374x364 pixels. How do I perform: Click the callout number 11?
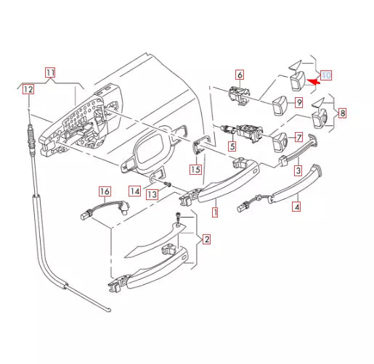pyautogui.click(x=49, y=73)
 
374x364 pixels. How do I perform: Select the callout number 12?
pyautogui.click(x=28, y=90)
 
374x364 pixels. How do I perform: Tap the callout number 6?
pyautogui.click(x=239, y=75)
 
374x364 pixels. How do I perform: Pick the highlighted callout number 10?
pyautogui.click(x=326, y=75)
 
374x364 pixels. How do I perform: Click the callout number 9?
pyautogui.click(x=298, y=103)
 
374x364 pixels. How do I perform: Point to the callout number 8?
pyautogui.click(x=343, y=113)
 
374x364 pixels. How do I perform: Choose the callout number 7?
pyautogui.click(x=296, y=137)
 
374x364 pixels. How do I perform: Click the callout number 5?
pyautogui.click(x=232, y=146)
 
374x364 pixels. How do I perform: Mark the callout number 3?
pyautogui.click(x=296, y=171)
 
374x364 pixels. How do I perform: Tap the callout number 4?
pyautogui.click(x=295, y=207)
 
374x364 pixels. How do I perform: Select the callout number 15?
pyautogui.click(x=195, y=170)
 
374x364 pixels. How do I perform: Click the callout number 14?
pyautogui.click(x=136, y=191)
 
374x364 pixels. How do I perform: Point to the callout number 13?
pyautogui.click(x=151, y=194)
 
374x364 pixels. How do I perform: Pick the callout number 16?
pyautogui.click(x=105, y=192)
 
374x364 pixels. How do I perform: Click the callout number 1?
pyautogui.click(x=214, y=213)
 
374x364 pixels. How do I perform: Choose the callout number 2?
pyautogui.click(x=206, y=239)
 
